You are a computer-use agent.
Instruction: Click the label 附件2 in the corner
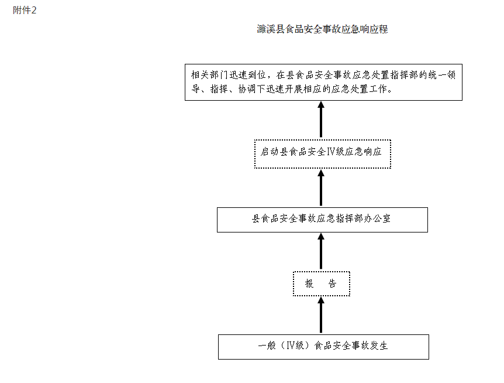25,11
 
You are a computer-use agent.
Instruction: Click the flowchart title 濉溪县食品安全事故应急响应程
322,29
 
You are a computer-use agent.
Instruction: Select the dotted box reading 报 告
321,283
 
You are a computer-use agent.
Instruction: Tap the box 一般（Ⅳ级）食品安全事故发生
323,347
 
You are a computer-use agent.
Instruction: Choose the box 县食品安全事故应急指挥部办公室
322,220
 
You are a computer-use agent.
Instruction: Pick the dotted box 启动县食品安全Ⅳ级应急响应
323,154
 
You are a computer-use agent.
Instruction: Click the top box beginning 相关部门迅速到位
323,82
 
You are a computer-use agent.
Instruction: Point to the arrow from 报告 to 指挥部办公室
321,251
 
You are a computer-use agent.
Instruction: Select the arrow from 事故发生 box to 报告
321,314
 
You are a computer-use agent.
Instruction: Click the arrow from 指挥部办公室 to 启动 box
321,188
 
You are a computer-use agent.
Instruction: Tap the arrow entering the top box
321,119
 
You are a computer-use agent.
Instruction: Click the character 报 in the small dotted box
309,283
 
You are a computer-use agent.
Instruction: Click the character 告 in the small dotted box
332,283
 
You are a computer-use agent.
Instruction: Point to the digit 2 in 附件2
34,11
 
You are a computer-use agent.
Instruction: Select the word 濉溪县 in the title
271,29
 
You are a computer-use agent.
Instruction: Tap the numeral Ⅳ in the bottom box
290,346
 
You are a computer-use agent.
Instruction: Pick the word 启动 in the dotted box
270,152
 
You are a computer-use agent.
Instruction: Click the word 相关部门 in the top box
209,75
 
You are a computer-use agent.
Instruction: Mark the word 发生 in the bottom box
379,346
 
